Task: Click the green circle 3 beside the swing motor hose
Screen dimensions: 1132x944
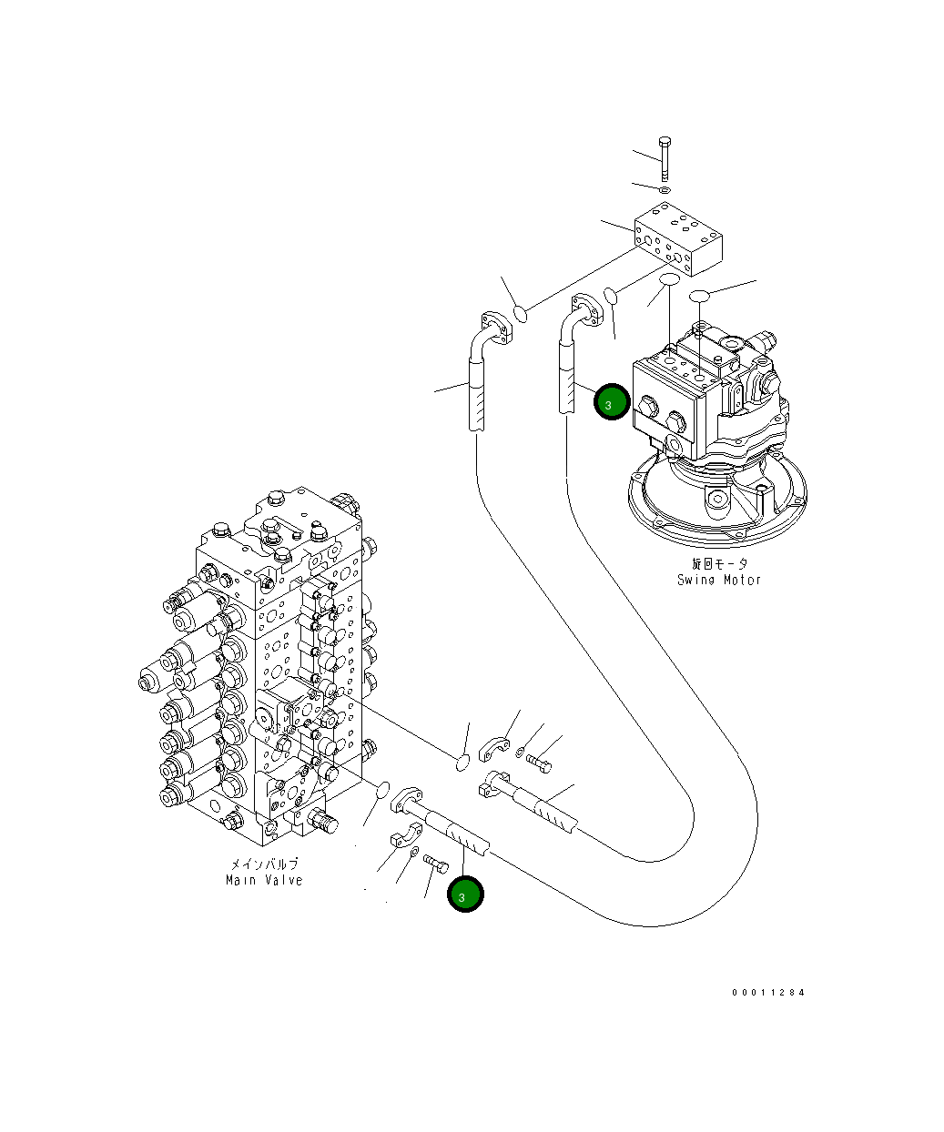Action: pyautogui.click(x=612, y=402)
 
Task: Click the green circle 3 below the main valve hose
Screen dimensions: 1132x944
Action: pyautogui.click(x=465, y=894)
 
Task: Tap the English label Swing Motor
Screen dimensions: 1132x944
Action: pyautogui.click(x=718, y=580)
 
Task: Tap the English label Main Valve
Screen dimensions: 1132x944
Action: pyautogui.click(x=264, y=880)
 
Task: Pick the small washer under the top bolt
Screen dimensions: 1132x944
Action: pyautogui.click(x=665, y=190)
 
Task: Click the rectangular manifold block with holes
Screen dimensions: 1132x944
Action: pyautogui.click(x=679, y=238)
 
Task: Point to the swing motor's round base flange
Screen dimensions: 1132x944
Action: pyautogui.click(x=717, y=500)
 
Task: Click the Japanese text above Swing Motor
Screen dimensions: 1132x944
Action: pyautogui.click(x=719, y=564)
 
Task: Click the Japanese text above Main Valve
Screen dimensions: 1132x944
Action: pyautogui.click(x=263, y=864)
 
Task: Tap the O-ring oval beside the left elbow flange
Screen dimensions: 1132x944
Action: pyautogui.click(x=522, y=313)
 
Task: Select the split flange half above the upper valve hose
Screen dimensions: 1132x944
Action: pyautogui.click(x=495, y=747)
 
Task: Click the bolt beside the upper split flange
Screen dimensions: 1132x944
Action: pyautogui.click(x=539, y=763)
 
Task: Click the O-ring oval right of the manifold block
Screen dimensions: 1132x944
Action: pyautogui.click(x=700, y=296)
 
